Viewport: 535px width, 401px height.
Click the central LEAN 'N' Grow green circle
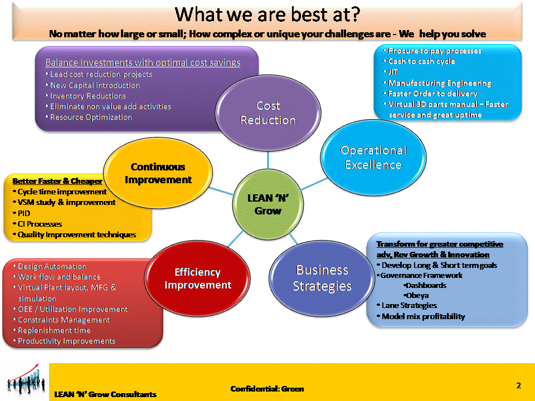268,204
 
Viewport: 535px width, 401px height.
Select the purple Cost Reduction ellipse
268,113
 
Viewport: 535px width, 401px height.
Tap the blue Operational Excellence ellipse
373,158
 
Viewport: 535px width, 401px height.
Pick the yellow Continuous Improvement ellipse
158,173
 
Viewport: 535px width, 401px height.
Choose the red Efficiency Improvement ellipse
197,278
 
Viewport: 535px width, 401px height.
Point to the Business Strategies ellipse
322,278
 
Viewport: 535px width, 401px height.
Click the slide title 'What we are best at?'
267,14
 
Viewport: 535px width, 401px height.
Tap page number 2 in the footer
519,385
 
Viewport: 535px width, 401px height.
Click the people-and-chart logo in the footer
26,381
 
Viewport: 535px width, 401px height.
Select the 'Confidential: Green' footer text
267,389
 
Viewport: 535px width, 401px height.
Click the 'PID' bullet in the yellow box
22,213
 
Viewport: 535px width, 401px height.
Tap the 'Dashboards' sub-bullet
425,285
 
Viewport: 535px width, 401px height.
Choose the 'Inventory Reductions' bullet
86,96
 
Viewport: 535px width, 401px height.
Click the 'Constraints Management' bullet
61,320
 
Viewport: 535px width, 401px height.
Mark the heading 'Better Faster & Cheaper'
57,181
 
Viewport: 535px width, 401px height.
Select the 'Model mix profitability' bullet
421,316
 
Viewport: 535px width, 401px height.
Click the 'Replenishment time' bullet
52,330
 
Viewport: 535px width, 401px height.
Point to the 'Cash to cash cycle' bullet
420,61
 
